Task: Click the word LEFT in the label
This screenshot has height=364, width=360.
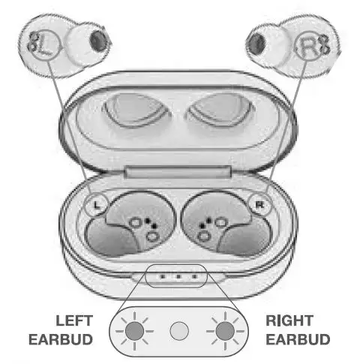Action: click(74, 320)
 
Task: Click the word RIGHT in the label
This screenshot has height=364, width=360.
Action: click(289, 320)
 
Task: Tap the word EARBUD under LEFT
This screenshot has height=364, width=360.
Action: click(61, 339)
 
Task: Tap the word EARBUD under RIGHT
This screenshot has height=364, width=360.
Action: click(298, 339)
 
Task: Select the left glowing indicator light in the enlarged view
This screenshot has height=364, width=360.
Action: click(134, 331)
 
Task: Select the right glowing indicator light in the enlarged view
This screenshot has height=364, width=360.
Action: click(225, 331)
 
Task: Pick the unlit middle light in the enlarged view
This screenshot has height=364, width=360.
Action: click(179, 331)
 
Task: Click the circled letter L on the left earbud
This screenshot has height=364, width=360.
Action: click(46, 45)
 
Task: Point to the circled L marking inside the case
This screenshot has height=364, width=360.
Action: click(96, 205)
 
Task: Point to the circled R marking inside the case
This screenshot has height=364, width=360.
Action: click(260, 205)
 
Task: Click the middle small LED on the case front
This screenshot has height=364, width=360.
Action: click(178, 276)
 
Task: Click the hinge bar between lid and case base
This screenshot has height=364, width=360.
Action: click(178, 172)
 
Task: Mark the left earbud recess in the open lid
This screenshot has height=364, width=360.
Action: click(136, 110)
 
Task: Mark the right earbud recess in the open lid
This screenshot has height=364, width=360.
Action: click(220, 110)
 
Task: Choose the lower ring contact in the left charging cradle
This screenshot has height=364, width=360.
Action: click(152, 236)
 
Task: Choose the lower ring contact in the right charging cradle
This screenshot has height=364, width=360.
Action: click(204, 236)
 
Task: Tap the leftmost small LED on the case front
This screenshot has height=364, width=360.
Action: click(163, 276)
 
